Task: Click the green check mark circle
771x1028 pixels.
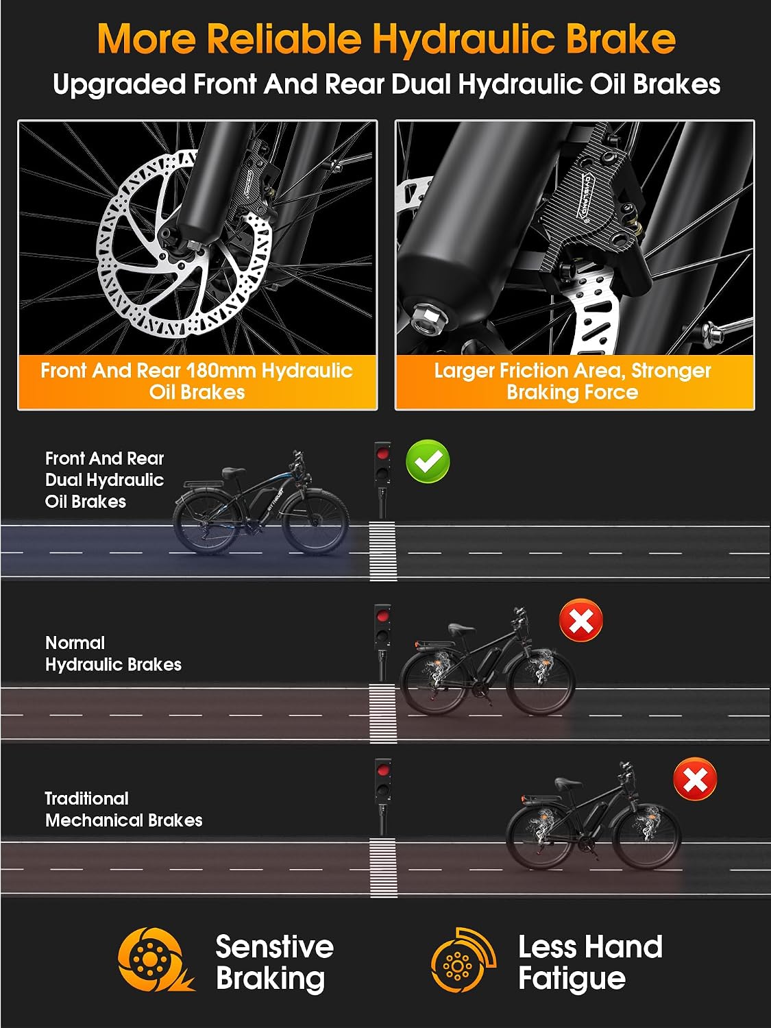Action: [x=428, y=461]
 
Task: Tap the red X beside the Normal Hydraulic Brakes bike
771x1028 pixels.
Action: [x=581, y=620]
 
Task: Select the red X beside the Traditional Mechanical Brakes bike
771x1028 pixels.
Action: [x=695, y=779]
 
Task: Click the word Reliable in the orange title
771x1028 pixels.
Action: [x=284, y=38]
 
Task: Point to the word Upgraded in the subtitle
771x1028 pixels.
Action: [x=119, y=85]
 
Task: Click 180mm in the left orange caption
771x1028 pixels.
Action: [x=221, y=371]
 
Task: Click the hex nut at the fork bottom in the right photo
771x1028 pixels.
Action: [x=428, y=319]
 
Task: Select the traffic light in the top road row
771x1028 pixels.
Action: [x=382, y=480]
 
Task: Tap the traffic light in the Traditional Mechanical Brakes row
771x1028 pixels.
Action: [x=382, y=797]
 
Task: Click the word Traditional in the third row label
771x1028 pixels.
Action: [x=86, y=798]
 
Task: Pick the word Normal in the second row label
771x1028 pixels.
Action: [x=75, y=643]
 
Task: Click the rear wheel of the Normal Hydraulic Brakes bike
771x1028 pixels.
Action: [x=432, y=682]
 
